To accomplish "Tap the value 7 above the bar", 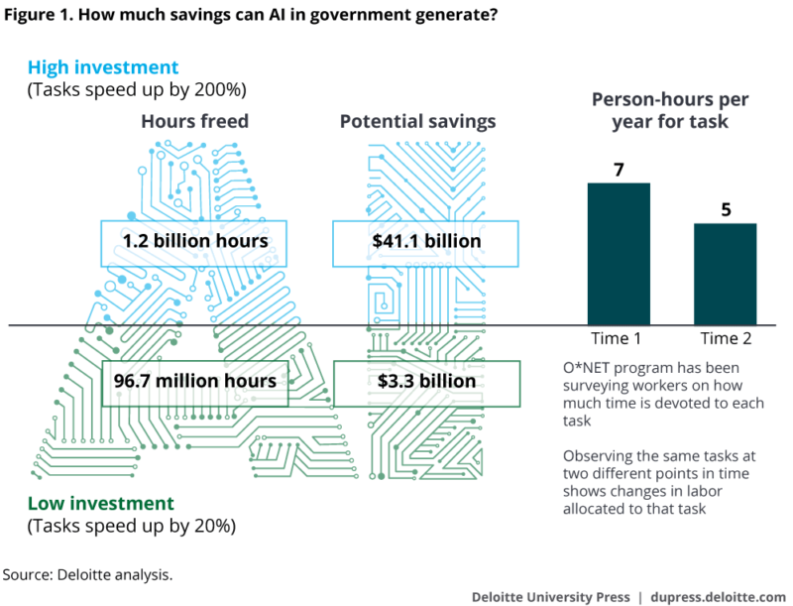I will pos(619,170).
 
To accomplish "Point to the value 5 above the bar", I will pos(725,209).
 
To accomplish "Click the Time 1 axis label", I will pos(617,338).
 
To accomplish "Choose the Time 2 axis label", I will pos(725,338).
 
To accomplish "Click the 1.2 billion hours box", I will pos(195,242).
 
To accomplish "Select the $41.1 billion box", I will pos(425,242).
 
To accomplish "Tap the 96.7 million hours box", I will pos(195,382).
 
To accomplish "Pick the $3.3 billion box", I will pos(426,382).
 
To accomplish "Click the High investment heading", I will pos(103,67).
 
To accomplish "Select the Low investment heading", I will pos(101,503).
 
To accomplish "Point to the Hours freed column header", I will pos(194,121).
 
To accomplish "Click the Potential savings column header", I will pos(417,121).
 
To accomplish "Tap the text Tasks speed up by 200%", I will pos(137,90).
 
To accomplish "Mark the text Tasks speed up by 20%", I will pos(133,525).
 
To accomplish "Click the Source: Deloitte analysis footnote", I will pos(87,574).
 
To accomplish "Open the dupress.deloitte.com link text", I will pos(721,596).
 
